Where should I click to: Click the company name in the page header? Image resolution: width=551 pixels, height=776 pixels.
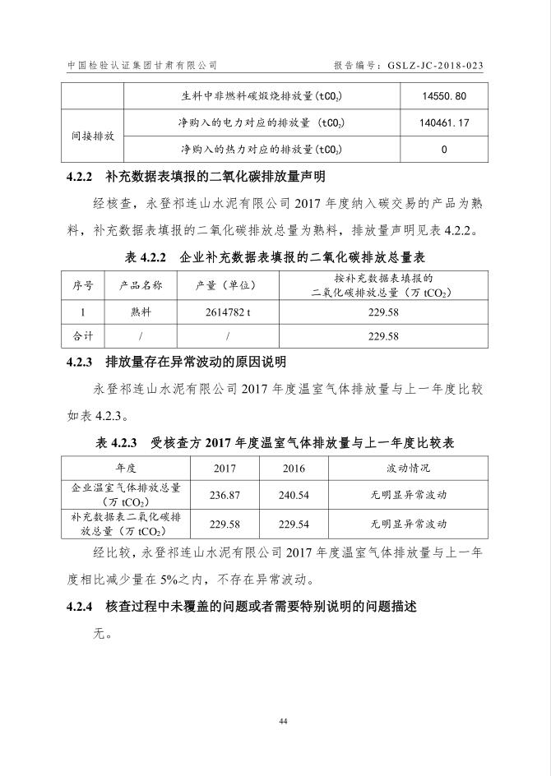142,65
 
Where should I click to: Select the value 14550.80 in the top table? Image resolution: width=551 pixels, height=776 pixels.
443,96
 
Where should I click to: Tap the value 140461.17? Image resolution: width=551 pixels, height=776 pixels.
443,122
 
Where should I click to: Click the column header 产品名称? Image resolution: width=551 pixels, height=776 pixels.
141,285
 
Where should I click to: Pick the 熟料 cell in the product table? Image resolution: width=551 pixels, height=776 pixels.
141,313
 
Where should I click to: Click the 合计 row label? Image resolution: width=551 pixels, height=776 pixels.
83,336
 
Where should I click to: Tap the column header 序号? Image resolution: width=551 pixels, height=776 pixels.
83,285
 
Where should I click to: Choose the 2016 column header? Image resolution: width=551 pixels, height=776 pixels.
293,468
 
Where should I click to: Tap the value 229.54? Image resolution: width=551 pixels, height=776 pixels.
293,523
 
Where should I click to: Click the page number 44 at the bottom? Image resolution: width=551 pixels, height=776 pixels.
283,721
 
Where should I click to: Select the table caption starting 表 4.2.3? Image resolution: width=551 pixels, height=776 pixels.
275,443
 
